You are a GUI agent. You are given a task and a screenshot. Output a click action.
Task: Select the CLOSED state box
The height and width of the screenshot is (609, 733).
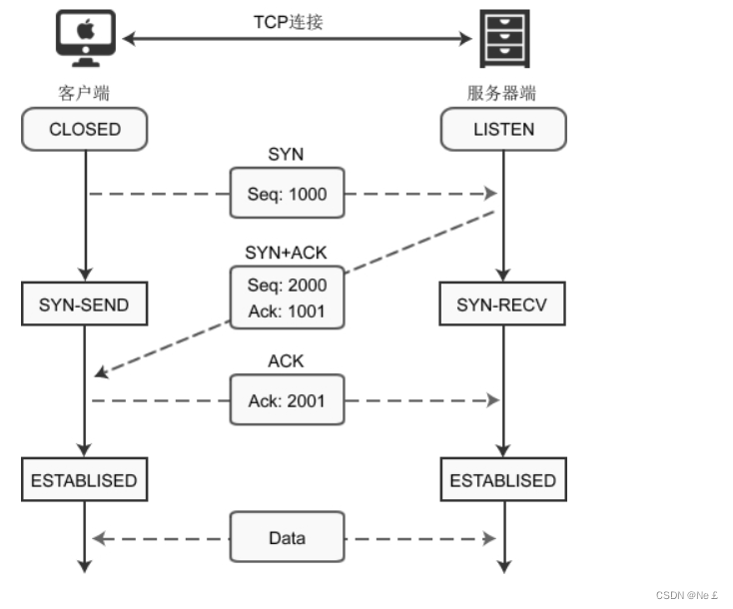tap(85, 129)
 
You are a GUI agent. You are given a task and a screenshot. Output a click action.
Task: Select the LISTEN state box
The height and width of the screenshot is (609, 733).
tap(503, 129)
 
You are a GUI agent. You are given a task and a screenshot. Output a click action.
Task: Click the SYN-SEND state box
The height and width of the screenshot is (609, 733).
tap(85, 304)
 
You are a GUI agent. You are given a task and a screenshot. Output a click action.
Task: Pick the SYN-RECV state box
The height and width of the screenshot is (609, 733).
tap(502, 304)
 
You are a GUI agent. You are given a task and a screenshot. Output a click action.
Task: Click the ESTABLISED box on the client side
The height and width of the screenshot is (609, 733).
tap(84, 480)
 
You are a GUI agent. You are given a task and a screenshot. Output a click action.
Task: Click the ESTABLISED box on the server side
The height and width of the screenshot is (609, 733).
tap(502, 480)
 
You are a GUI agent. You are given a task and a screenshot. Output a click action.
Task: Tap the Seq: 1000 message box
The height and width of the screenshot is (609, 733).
tap(287, 194)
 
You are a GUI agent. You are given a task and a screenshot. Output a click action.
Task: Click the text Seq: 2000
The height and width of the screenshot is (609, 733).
tap(287, 285)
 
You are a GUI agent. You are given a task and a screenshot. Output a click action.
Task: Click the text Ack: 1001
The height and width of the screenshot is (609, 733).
tap(287, 310)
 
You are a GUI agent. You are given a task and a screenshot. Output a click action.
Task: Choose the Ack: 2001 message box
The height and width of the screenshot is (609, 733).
tap(287, 401)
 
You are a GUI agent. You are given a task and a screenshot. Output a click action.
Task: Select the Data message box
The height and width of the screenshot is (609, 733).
tap(287, 538)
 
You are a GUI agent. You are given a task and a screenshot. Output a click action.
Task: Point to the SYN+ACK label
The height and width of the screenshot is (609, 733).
tap(287, 251)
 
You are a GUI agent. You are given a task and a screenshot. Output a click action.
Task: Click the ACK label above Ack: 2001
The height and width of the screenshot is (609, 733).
tap(287, 361)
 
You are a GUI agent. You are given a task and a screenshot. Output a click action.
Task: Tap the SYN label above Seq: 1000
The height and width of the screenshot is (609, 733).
tap(287, 154)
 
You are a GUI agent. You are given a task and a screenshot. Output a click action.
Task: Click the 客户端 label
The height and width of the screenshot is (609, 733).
tap(84, 94)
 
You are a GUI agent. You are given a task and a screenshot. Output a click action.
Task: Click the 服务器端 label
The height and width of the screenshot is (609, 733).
tap(502, 94)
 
